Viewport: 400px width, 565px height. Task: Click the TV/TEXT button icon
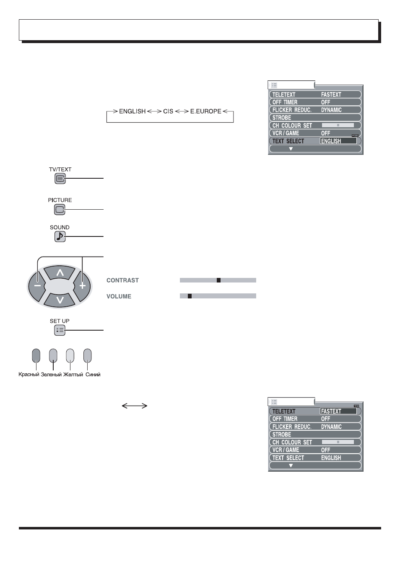[x=60, y=178]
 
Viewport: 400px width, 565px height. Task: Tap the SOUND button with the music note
[x=60, y=236]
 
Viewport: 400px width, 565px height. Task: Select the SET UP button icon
[x=60, y=330]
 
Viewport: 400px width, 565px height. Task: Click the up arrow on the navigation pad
[x=60, y=272]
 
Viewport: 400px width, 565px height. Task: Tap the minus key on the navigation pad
[x=37, y=286]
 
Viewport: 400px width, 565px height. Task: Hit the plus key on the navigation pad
[x=82, y=286]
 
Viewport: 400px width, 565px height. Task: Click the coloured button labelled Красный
[x=36, y=355]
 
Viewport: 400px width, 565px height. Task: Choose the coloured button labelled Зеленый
[x=53, y=355]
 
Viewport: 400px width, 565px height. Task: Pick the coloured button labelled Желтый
[x=70, y=355]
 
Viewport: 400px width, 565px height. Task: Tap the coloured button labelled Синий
[x=88, y=355]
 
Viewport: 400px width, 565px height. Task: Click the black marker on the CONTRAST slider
[x=218, y=280]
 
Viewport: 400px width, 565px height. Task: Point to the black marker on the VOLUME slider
[x=190, y=296]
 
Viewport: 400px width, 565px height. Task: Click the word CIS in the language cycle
[x=168, y=111]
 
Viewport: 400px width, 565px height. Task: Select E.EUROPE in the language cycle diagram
[x=206, y=111]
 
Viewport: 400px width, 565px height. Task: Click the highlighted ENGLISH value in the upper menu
[x=338, y=141]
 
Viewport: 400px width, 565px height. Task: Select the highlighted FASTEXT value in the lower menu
[x=338, y=411]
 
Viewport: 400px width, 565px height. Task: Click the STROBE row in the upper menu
[x=315, y=118]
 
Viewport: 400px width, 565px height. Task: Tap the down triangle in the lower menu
[x=291, y=465]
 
